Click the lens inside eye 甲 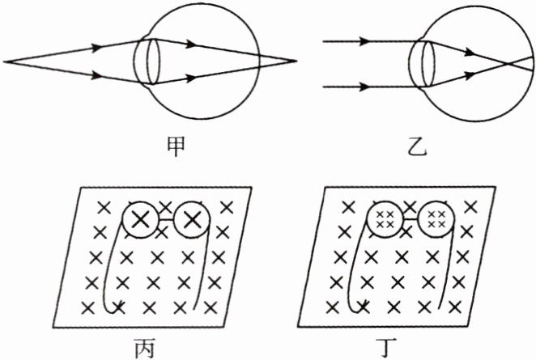point(146,59)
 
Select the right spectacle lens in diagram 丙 point(192,218)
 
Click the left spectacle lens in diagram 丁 point(385,218)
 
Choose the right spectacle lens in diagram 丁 point(437,218)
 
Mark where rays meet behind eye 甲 point(296,61)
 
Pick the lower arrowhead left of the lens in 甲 point(100,77)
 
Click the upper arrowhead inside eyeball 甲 point(191,44)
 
